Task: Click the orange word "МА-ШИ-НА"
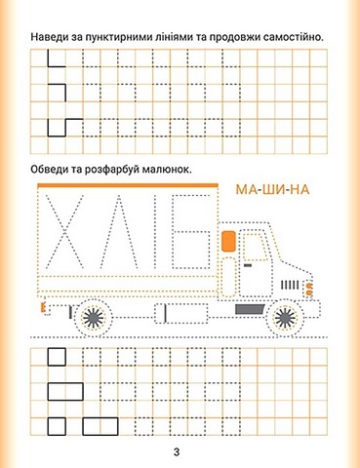click(272, 189)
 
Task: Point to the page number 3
click(177, 452)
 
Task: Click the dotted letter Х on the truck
click(64, 232)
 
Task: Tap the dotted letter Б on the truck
click(191, 232)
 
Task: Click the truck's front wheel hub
click(285, 318)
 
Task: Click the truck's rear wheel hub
click(94, 318)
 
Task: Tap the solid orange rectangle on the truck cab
click(228, 241)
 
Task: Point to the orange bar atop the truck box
click(128, 185)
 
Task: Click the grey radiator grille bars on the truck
click(290, 285)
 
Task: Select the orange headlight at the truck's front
click(309, 289)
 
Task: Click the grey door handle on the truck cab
click(248, 265)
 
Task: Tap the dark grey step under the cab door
click(250, 309)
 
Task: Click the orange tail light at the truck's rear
click(42, 307)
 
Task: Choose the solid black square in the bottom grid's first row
click(57, 357)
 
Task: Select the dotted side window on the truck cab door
click(257, 247)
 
